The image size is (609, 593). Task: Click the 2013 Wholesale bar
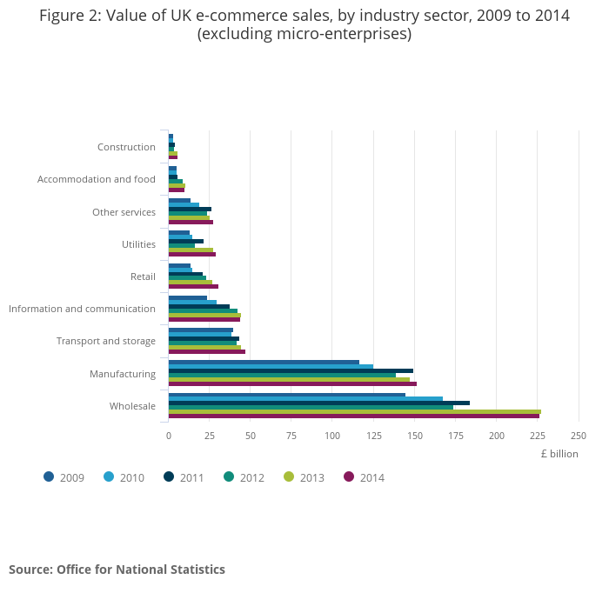click(x=355, y=411)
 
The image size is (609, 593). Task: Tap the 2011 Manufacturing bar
click(x=291, y=370)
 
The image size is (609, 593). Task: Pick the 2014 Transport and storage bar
click(x=207, y=351)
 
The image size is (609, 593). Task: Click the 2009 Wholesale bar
click(x=287, y=395)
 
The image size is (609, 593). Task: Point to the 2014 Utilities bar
click(x=192, y=254)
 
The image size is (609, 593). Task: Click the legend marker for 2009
click(x=49, y=476)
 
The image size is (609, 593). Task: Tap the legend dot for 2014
click(x=349, y=476)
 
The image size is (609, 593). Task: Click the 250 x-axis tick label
click(x=578, y=436)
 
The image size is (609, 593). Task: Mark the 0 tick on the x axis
click(x=169, y=436)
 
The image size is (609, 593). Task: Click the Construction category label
click(x=126, y=147)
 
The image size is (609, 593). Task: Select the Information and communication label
click(x=82, y=309)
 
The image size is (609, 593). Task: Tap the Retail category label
click(x=142, y=277)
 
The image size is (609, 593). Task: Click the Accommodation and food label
click(x=97, y=179)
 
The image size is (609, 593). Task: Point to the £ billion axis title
click(x=559, y=453)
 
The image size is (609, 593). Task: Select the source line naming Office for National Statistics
click(x=117, y=570)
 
